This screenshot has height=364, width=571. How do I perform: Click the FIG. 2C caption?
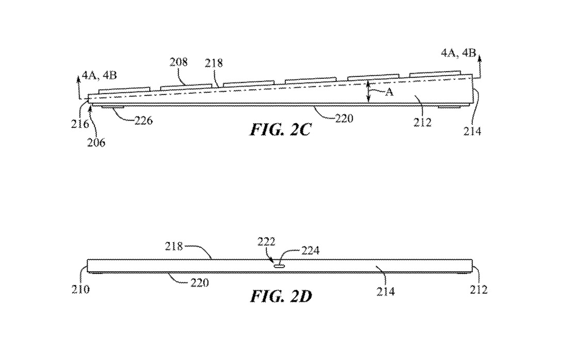tap(280, 129)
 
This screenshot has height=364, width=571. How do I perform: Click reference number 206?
tap(96, 143)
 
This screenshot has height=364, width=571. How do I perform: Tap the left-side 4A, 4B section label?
tap(99, 75)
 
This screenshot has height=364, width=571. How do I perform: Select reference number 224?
tap(310, 251)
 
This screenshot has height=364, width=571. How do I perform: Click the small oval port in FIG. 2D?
tap(279, 266)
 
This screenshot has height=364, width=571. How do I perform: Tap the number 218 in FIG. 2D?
tap(175, 247)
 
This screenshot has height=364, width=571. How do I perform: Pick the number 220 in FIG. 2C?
tap(344, 118)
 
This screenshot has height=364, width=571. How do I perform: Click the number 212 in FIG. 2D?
tap(479, 289)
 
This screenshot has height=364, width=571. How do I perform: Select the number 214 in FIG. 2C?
tap(472, 131)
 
